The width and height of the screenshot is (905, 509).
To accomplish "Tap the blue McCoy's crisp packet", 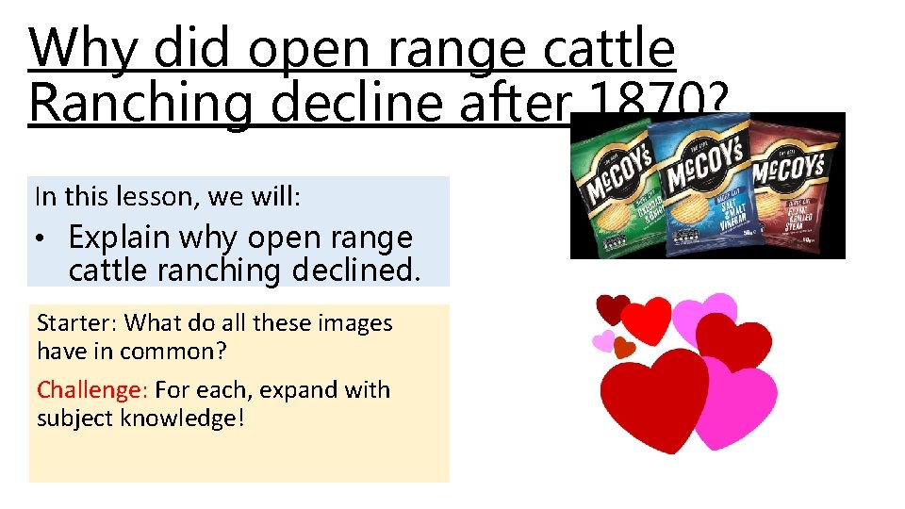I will tap(707, 184).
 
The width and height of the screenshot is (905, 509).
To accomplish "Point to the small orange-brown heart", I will tap(624, 347).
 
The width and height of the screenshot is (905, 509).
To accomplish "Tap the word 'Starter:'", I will tap(77, 323).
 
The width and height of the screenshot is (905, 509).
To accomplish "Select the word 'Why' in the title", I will tap(83, 49).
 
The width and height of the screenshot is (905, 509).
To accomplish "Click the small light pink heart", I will tap(602, 340).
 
